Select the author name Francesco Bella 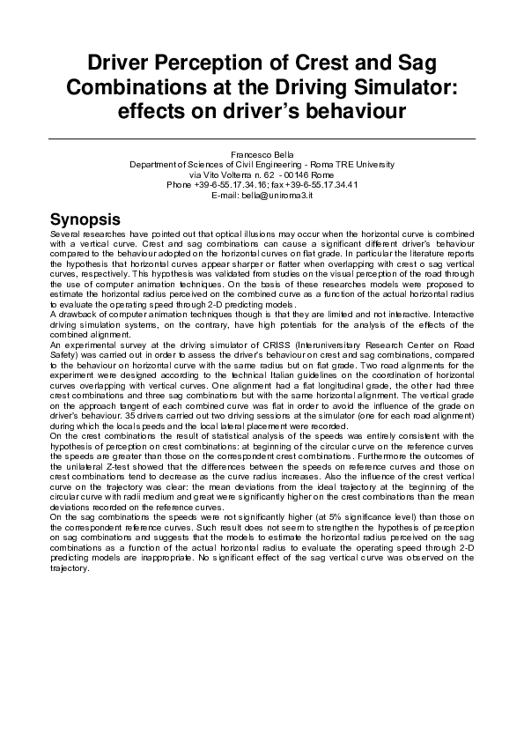point(262,155)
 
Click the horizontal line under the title point(262,138)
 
